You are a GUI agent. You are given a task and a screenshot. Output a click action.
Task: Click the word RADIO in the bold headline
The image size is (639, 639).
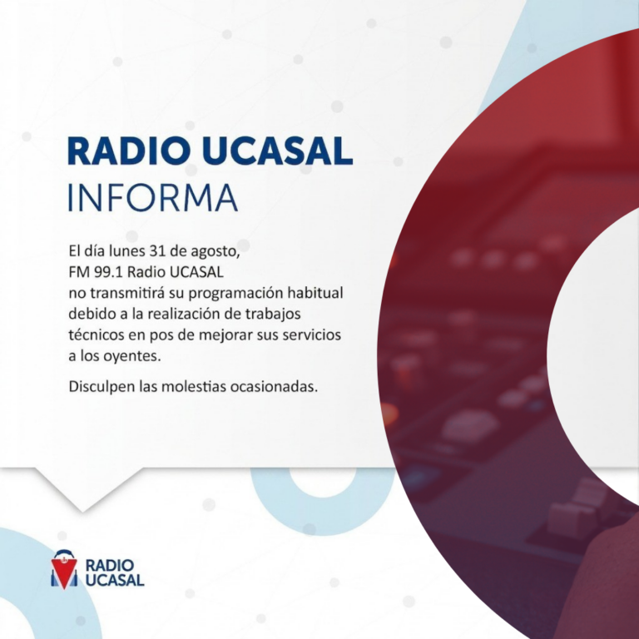point(129,151)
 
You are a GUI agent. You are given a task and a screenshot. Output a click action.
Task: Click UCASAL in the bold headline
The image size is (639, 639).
point(277,151)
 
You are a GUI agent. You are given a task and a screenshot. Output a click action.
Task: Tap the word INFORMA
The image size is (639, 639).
point(152,198)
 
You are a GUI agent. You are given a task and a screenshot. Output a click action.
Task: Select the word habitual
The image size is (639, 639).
point(315,293)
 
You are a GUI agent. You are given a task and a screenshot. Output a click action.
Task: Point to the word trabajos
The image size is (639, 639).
point(273,315)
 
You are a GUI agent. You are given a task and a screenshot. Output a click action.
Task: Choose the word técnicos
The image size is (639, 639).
point(97,335)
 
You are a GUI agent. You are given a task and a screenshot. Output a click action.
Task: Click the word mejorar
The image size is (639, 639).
point(225,336)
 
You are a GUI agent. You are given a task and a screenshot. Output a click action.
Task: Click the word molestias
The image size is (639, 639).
point(194,386)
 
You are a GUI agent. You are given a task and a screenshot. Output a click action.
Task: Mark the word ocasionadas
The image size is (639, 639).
point(274,386)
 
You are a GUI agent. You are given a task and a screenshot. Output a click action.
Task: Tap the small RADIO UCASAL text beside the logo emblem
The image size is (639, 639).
point(115,572)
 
